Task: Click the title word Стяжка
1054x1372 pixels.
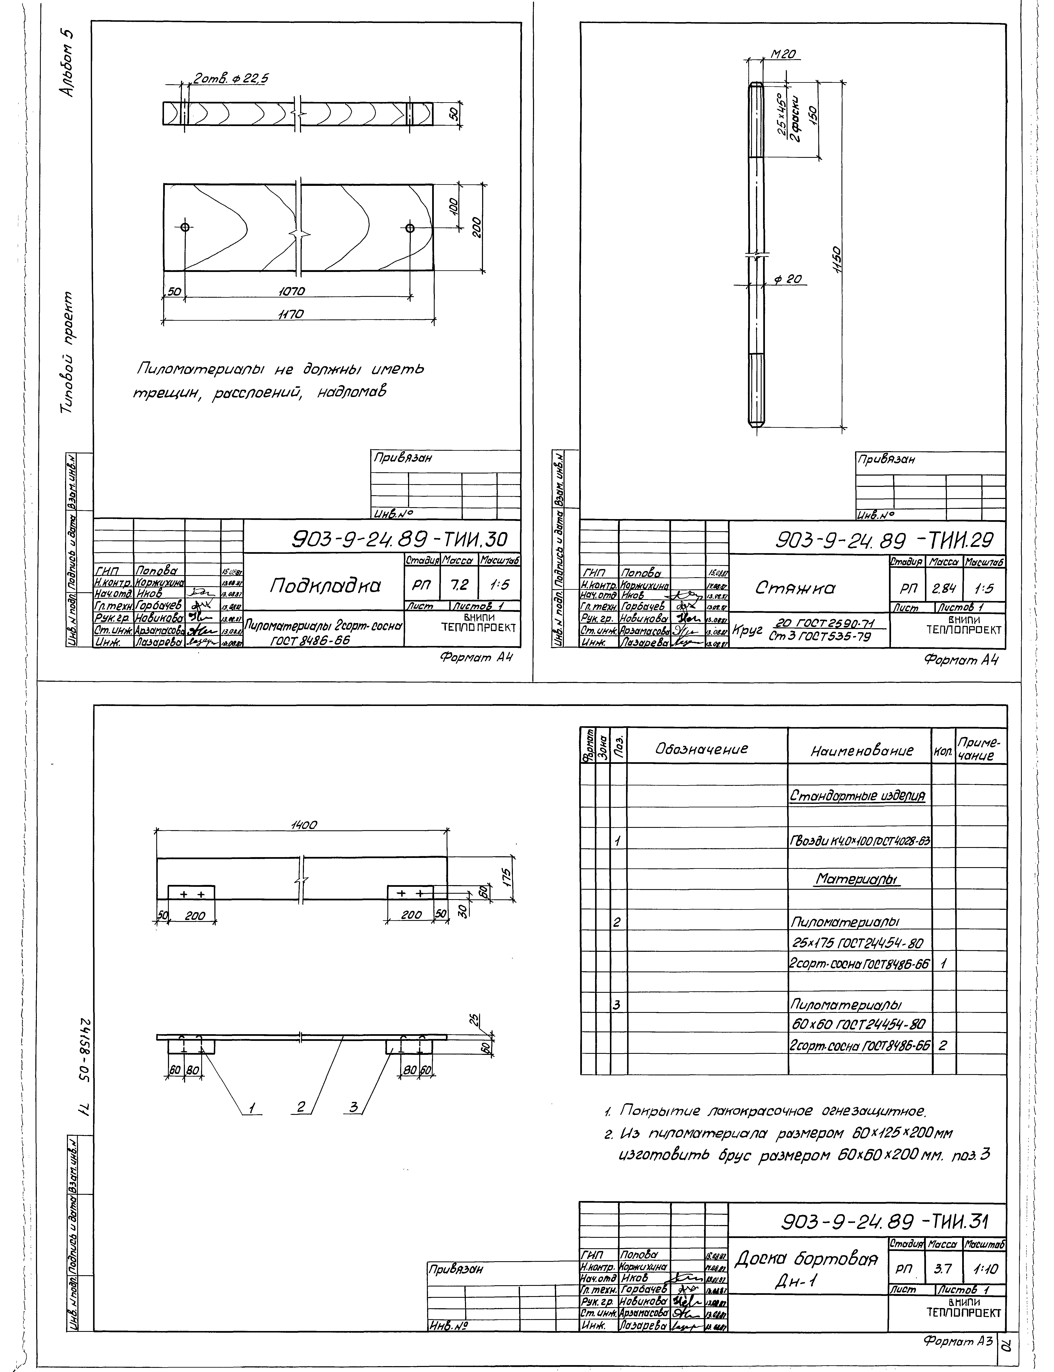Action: pyautogui.click(x=795, y=588)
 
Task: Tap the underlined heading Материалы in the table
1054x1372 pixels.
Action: pyautogui.click(x=857, y=880)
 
